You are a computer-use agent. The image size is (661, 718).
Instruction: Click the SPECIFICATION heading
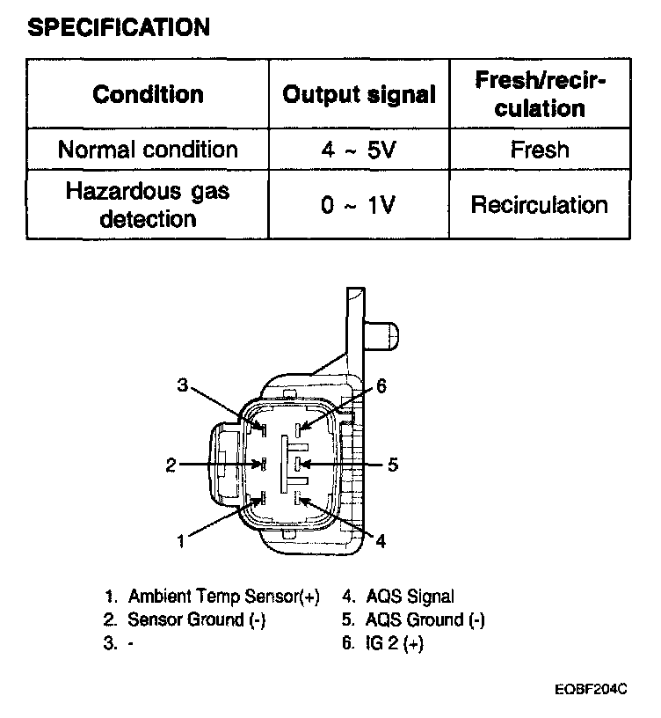point(119,27)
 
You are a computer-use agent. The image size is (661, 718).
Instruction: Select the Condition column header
point(148,95)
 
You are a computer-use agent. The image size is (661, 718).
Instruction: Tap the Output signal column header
point(359,95)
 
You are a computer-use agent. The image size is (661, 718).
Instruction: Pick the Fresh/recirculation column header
point(540,95)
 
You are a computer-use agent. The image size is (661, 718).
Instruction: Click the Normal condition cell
point(148,150)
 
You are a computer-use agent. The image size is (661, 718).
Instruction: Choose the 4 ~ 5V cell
point(359,150)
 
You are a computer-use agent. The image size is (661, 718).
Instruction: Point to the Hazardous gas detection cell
point(148,205)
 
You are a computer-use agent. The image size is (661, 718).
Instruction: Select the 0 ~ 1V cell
point(359,205)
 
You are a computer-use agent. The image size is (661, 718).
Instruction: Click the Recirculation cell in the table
point(540,205)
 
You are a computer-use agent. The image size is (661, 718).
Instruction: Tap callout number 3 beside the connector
point(182,385)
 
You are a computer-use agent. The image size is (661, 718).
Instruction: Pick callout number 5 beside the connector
point(393,464)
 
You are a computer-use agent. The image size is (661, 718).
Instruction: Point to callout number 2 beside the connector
point(171,465)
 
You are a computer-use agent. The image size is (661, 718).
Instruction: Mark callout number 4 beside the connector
point(381,541)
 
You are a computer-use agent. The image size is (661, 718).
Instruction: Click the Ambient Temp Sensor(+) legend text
point(223,597)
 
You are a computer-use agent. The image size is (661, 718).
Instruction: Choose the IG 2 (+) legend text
point(394,643)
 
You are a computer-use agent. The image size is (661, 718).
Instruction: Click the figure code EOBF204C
point(591,691)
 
